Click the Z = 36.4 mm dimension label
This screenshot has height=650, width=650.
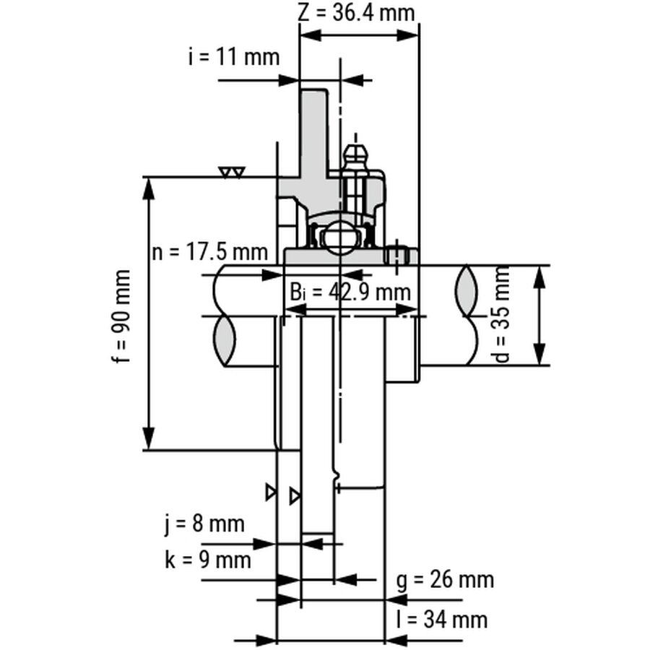click(x=357, y=13)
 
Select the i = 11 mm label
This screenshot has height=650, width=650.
click(x=234, y=57)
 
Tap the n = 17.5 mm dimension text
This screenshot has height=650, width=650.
click(x=209, y=252)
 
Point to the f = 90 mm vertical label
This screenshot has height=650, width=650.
click(x=121, y=316)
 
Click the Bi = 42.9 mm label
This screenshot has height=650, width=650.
click(x=350, y=292)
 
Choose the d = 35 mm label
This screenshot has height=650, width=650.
click(x=502, y=315)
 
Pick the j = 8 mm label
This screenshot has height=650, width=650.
click(x=204, y=524)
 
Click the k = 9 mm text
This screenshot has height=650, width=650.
click(x=208, y=560)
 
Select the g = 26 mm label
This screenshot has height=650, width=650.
click(x=445, y=579)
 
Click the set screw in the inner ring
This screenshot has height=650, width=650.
click(x=397, y=254)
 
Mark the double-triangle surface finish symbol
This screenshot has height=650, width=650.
click(x=232, y=172)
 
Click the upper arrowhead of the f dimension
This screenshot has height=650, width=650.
click(x=149, y=188)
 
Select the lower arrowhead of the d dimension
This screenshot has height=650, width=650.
click(x=539, y=354)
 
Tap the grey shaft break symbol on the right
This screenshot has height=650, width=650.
click(x=467, y=290)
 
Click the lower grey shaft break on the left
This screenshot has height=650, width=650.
click(x=225, y=341)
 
